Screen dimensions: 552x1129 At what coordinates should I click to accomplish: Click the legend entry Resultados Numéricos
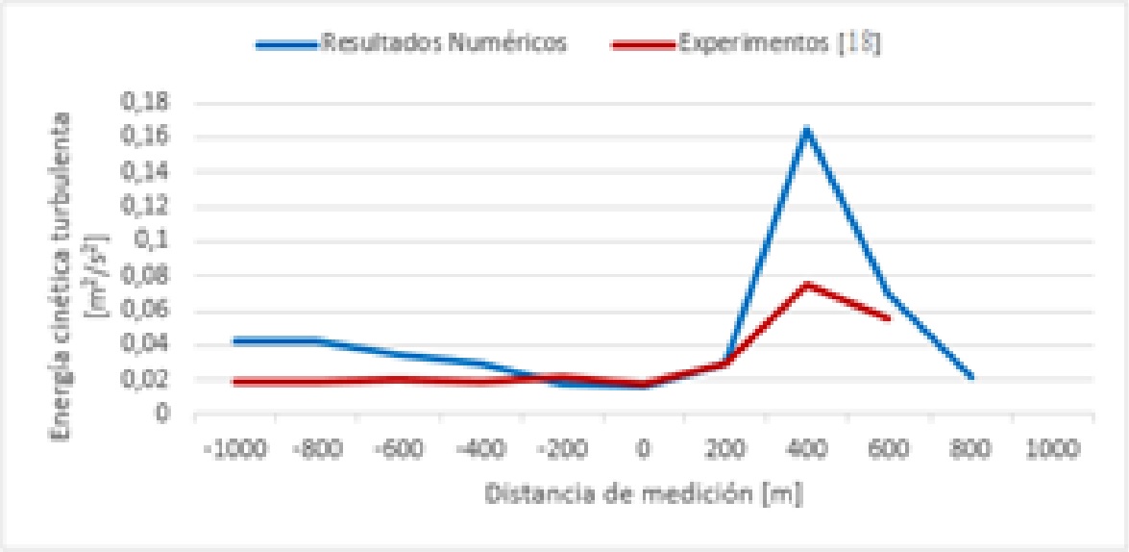[x=445, y=43]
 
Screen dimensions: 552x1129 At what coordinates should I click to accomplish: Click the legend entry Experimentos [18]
[x=779, y=43]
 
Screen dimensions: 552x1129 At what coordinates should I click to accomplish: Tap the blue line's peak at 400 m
[x=807, y=129]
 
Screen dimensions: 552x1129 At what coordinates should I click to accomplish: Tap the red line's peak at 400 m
[x=807, y=284]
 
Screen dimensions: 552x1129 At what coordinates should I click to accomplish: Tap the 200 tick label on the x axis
[x=725, y=448]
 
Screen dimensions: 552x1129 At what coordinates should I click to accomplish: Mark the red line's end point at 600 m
[x=889, y=317]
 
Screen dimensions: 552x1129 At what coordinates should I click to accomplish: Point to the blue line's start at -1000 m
[x=234, y=340]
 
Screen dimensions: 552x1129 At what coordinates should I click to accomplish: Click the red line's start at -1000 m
[x=234, y=382]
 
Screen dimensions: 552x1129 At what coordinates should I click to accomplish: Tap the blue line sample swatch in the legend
[x=287, y=44]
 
